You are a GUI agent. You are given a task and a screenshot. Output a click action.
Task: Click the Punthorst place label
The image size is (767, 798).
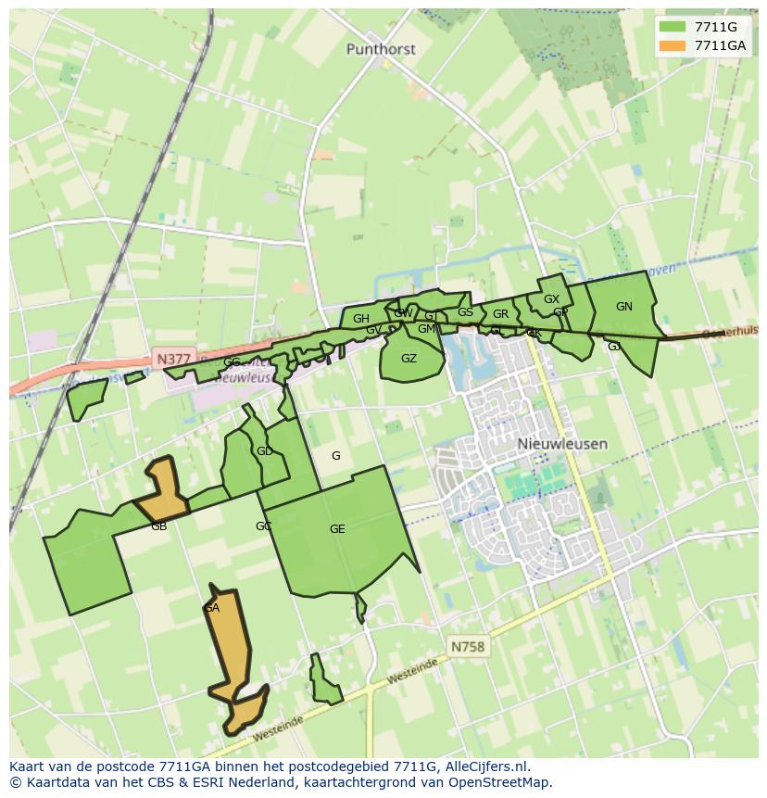(x=381, y=49)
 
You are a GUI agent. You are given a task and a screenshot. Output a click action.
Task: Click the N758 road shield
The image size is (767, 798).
(x=468, y=646)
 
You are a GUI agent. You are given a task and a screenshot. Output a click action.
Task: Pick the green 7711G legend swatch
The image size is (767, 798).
(x=673, y=27)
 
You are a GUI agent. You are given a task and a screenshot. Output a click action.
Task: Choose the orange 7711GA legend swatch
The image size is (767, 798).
(x=673, y=45)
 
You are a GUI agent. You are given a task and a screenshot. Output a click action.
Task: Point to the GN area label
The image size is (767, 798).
(x=624, y=307)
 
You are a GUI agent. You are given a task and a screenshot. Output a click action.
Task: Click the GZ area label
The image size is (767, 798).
(x=409, y=359)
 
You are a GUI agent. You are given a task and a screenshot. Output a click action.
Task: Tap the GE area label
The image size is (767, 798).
(x=337, y=529)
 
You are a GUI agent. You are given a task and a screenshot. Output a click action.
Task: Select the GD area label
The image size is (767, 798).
(x=265, y=451)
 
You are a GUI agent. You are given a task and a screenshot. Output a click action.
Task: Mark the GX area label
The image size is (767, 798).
(x=551, y=299)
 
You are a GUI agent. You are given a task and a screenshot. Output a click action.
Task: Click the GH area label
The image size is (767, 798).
(x=360, y=319)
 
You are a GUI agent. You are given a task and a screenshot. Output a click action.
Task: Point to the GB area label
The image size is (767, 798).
(x=158, y=526)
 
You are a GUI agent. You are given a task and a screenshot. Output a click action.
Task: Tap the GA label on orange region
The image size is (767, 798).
(x=212, y=608)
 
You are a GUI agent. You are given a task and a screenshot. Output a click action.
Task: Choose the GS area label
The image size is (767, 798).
(x=465, y=312)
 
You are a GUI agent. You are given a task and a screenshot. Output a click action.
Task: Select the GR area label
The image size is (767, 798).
(x=500, y=314)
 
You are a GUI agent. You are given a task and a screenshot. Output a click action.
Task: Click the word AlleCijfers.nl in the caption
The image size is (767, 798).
(x=486, y=766)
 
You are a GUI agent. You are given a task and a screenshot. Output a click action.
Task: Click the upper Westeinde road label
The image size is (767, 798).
(x=412, y=672)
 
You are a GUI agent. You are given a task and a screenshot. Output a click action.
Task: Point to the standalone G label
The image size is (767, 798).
(x=335, y=455)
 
